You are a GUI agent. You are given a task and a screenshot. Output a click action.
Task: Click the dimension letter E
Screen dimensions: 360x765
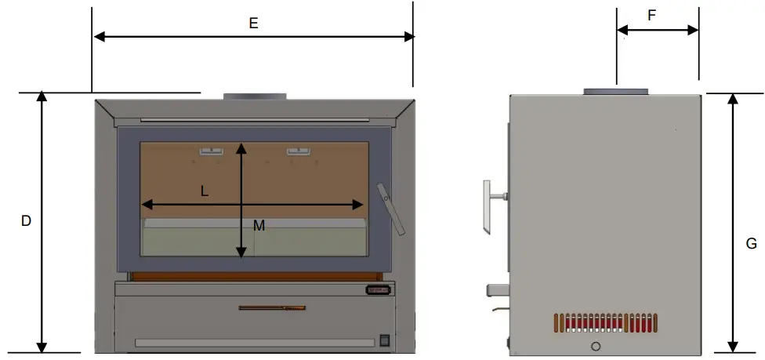[x=253, y=24]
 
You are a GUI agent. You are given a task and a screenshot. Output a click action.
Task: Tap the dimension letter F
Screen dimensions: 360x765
[x=651, y=15]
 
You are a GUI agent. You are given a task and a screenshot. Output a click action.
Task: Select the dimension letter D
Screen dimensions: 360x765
[x=26, y=221]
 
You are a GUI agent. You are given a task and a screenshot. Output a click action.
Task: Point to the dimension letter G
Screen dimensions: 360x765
[x=751, y=244]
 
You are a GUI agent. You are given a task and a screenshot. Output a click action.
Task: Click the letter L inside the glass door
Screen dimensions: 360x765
[x=205, y=191]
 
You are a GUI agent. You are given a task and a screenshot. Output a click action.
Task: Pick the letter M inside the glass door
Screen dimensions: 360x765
[x=259, y=226]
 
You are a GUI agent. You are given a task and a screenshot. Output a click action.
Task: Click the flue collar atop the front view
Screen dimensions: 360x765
[x=255, y=96]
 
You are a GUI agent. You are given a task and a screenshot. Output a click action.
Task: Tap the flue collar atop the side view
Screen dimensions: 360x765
[x=615, y=93]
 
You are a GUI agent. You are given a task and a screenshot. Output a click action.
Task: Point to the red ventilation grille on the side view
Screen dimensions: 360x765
[x=606, y=322]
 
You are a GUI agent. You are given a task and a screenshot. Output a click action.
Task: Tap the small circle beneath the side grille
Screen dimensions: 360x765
[x=596, y=347]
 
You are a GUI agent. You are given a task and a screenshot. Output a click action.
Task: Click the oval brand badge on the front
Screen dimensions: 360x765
[x=378, y=290]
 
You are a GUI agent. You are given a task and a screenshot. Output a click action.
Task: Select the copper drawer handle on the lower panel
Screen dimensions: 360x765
[x=272, y=307]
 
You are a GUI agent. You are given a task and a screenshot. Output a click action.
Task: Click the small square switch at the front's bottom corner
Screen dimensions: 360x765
[x=384, y=340]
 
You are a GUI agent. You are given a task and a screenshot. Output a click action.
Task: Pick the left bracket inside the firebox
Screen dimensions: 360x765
[x=210, y=151]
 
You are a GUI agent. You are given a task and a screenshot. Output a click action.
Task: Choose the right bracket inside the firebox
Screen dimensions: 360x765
[x=299, y=151]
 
